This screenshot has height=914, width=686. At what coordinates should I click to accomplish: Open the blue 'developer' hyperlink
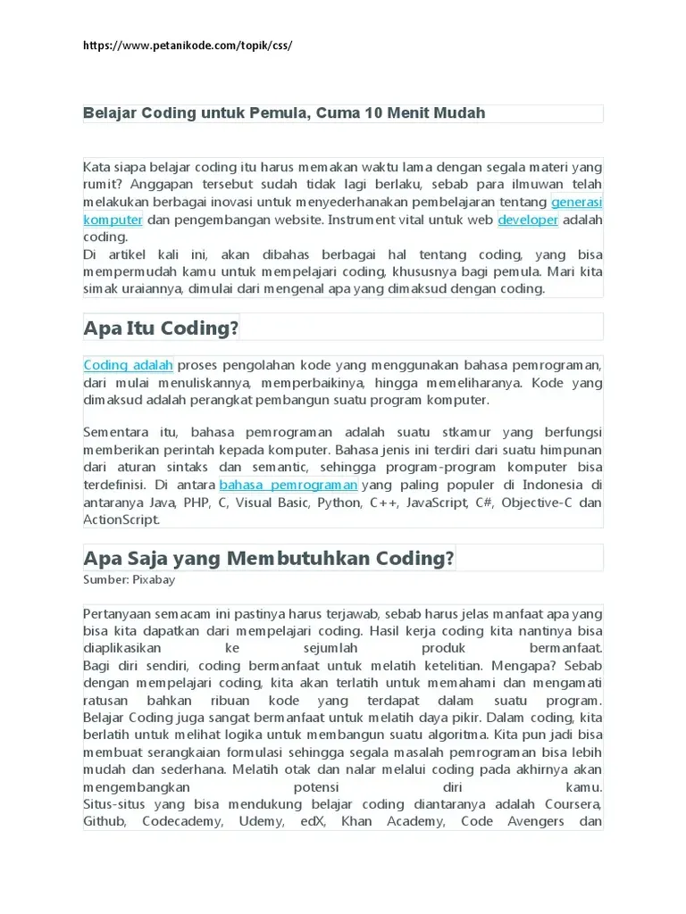tap(528, 219)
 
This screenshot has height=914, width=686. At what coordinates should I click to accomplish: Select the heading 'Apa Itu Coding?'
tap(161, 328)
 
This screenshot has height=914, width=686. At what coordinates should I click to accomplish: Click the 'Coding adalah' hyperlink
tap(129, 365)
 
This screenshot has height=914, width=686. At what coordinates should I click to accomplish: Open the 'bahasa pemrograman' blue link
tap(289, 485)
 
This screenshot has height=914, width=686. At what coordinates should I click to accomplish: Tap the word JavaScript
tap(435, 503)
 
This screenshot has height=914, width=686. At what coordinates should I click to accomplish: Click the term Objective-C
tap(538, 503)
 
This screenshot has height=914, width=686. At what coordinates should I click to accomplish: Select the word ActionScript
tap(121, 519)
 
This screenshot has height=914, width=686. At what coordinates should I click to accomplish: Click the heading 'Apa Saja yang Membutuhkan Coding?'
tap(269, 558)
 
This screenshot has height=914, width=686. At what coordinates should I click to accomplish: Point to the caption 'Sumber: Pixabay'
tap(129, 579)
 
